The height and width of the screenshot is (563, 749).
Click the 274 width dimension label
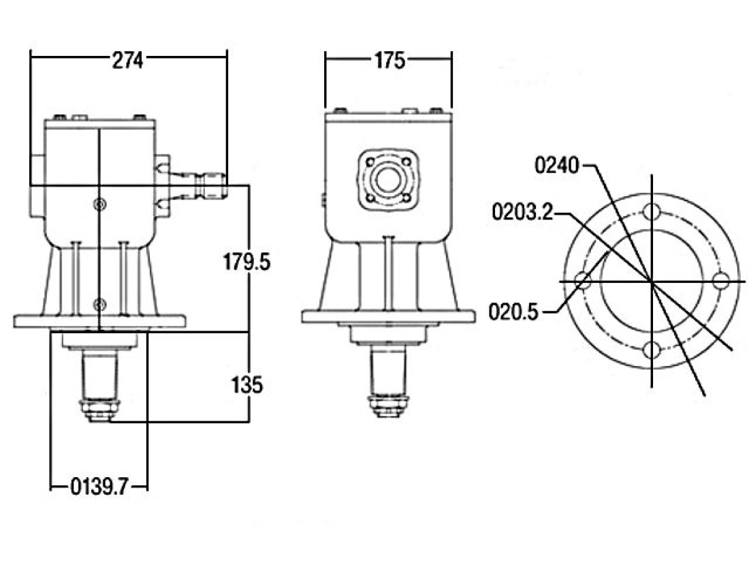click(127, 60)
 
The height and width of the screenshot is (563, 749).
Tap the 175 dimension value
click(389, 60)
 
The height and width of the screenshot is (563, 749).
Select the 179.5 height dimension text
click(246, 262)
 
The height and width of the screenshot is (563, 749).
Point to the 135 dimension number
click(246, 384)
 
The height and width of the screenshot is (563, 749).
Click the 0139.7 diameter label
click(99, 487)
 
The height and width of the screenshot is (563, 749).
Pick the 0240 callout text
click(556, 166)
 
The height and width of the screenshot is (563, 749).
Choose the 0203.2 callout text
click(522, 211)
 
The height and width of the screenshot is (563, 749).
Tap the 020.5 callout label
click(513, 312)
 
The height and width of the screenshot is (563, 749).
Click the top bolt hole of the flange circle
click(652, 211)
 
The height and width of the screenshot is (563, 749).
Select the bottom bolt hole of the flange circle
click(652, 350)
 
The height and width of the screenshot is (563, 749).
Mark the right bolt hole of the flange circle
click(721, 280)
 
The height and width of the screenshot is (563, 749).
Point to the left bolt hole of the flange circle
click(582, 280)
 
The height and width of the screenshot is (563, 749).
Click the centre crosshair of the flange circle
click(652, 281)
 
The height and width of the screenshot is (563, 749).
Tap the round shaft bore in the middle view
click(387, 181)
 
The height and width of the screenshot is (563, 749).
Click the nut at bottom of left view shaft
click(99, 410)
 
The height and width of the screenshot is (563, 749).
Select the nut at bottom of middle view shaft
click(387, 405)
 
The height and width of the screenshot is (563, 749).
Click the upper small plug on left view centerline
click(99, 204)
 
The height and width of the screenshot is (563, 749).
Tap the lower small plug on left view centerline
click(99, 303)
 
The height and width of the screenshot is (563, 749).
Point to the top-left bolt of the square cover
click(369, 162)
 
